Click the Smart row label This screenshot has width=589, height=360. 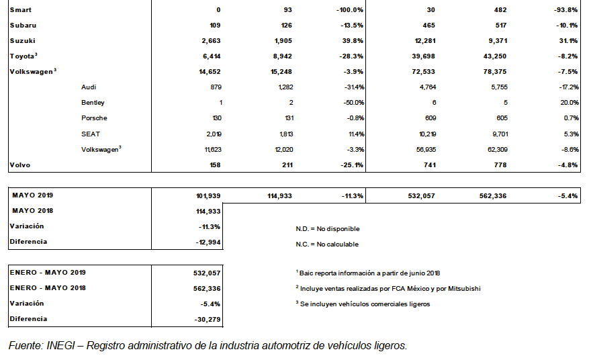[x=21, y=10]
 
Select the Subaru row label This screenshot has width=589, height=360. [x=24, y=26]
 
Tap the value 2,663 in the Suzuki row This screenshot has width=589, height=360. [x=210, y=41]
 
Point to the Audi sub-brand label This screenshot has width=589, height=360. [x=89, y=87]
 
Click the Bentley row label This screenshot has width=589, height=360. [x=93, y=103]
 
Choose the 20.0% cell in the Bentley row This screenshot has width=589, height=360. [x=569, y=103]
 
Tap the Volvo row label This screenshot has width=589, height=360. [x=21, y=165]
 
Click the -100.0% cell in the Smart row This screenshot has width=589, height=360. [x=350, y=10]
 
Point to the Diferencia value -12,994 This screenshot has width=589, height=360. [x=207, y=242]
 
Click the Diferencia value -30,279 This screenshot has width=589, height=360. [x=207, y=319]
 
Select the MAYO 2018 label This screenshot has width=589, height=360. [x=33, y=211]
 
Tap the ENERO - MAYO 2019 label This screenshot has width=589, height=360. [x=48, y=273]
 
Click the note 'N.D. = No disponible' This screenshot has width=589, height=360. [x=327, y=229]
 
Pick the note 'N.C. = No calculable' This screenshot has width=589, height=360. [x=327, y=244]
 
